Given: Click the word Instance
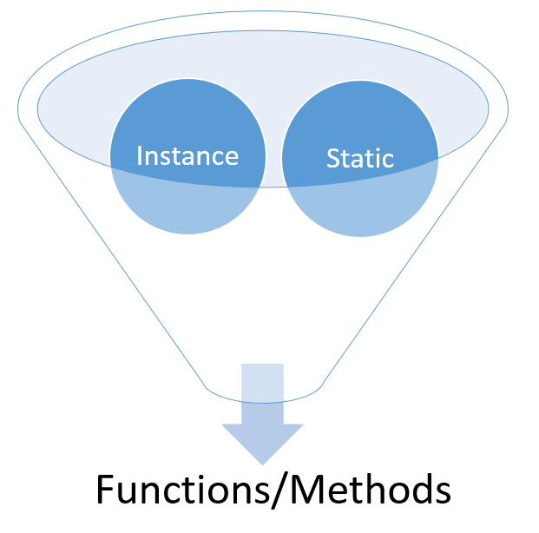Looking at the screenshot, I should [x=187, y=155].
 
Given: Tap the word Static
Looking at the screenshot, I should [x=360, y=158].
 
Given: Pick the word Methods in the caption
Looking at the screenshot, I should [x=375, y=490].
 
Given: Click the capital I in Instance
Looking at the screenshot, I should [x=141, y=155].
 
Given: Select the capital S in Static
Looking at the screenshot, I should [x=333, y=159].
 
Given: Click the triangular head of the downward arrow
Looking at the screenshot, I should [x=263, y=438].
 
